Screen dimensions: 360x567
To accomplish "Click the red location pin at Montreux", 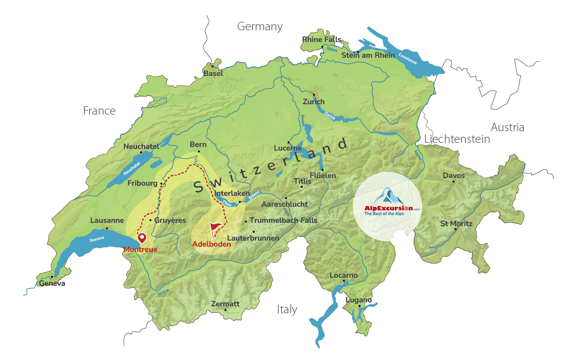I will [142, 237].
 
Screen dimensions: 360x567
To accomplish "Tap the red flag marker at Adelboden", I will [215, 230].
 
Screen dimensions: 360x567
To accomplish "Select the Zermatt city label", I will [225, 303].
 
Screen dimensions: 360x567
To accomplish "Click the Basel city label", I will [213, 73].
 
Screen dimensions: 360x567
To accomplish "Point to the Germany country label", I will [260, 27].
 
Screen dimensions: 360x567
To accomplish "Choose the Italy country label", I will [287, 310].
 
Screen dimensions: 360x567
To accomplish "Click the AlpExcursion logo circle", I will [388, 207].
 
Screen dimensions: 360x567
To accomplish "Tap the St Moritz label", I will [456, 223].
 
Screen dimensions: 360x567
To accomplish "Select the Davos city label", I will [454, 176].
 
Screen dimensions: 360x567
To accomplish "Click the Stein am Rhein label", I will [368, 55].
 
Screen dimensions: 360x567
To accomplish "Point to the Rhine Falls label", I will [321, 39].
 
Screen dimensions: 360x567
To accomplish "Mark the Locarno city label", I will [344, 275].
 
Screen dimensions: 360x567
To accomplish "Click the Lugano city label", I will [359, 300].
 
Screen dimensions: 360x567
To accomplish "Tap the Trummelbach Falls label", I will [283, 220].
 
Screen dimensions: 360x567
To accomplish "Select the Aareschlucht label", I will [284, 204].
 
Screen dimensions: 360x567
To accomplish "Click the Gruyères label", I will [170, 220].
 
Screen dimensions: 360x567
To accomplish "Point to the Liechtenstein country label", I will [457, 139].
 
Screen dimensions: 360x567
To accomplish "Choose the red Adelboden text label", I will [211, 244].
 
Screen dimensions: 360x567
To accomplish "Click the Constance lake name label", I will [407, 59].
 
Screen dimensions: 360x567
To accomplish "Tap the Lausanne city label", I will [107, 220].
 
